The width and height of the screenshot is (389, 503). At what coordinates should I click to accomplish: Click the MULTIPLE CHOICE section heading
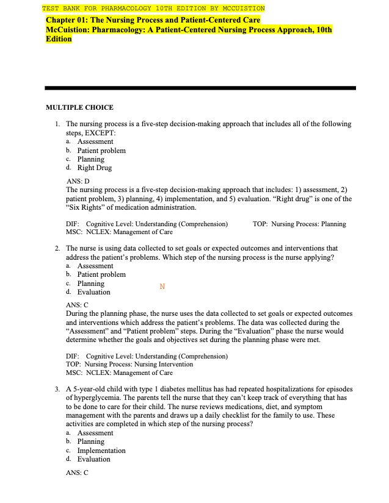(x=79, y=108)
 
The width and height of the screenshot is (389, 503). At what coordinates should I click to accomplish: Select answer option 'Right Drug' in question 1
(x=94, y=168)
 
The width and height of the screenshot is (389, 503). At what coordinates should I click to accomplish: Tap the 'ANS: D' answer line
(x=78, y=181)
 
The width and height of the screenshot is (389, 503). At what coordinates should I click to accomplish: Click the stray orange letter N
(x=162, y=287)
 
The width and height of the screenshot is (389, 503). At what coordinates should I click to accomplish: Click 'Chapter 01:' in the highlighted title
(x=67, y=20)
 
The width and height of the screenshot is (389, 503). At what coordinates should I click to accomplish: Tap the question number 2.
(x=56, y=249)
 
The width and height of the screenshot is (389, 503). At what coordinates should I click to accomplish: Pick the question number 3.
(x=56, y=388)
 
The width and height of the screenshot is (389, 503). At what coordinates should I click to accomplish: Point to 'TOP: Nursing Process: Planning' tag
(x=299, y=224)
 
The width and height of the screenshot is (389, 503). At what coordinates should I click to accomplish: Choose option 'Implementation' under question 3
(x=101, y=451)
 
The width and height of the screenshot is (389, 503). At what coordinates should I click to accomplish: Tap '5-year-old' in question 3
(x=90, y=388)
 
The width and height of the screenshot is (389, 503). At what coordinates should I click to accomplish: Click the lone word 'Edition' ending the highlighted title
(x=59, y=38)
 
